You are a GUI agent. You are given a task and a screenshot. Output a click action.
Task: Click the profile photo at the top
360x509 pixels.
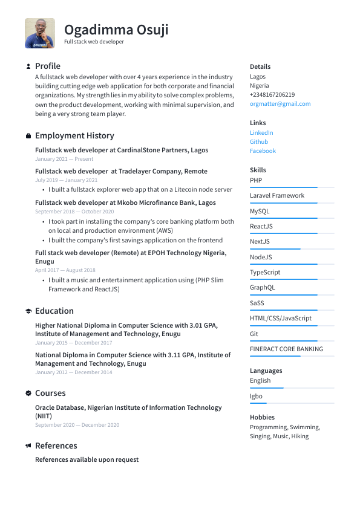pyautogui.click(x=39, y=33)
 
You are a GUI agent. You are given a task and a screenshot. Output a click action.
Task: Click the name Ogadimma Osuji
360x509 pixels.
pyautogui.click(x=116, y=30)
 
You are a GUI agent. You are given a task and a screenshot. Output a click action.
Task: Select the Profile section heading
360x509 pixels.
pyautogui.click(x=48, y=66)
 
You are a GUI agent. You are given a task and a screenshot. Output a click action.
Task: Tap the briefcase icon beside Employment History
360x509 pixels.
pyautogui.click(x=28, y=136)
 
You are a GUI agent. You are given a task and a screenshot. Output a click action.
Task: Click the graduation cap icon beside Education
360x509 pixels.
pyautogui.click(x=28, y=311)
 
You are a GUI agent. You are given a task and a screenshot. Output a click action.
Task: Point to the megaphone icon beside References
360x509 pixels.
pyautogui.click(x=28, y=446)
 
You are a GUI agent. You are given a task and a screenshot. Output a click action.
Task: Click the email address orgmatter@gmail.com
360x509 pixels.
pyautogui.click(x=280, y=104)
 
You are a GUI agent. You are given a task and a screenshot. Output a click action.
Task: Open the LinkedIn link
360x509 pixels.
pyautogui.click(x=261, y=132)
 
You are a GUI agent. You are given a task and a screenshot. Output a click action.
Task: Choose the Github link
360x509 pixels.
pyautogui.click(x=259, y=142)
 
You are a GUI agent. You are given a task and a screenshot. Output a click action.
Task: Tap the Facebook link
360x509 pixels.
pyautogui.click(x=263, y=151)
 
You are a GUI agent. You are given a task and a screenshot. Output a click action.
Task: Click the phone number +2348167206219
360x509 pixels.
pyautogui.click(x=272, y=95)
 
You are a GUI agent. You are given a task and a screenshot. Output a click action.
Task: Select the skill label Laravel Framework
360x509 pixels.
pyautogui.click(x=277, y=195)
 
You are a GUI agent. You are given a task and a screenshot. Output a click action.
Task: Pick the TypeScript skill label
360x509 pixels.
pyautogui.click(x=265, y=272)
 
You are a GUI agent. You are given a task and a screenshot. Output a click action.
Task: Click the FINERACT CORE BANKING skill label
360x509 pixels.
pyautogui.click(x=286, y=349)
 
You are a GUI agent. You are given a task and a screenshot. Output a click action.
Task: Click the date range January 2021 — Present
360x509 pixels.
pyautogui.click(x=64, y=159)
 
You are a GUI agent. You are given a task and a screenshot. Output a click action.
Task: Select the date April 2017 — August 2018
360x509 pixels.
pyautogui.click(x=65, y=270)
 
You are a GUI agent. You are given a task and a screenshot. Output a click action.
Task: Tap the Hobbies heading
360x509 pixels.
pyautogui.click(x=262, y=417)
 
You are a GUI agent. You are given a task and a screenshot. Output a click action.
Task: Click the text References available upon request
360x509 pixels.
pyautogui.click(x=87, y=459)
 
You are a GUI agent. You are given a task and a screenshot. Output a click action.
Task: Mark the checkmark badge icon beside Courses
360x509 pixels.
pyautogui.click(x=28, y=394)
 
